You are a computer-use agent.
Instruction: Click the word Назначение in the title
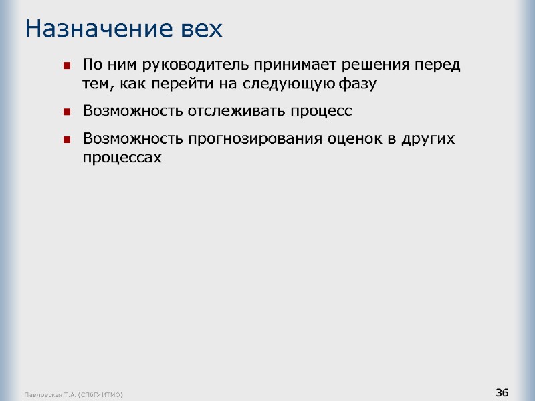point(92,29)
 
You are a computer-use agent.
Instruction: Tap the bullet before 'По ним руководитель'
point(67,66)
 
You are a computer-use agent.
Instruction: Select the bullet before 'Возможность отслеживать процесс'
point(67,112)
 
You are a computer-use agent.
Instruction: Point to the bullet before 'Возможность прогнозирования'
point(67,140)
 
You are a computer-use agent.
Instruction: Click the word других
point(431,139)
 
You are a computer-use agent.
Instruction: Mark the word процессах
point(122,158)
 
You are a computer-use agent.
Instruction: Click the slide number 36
point(502,392)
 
